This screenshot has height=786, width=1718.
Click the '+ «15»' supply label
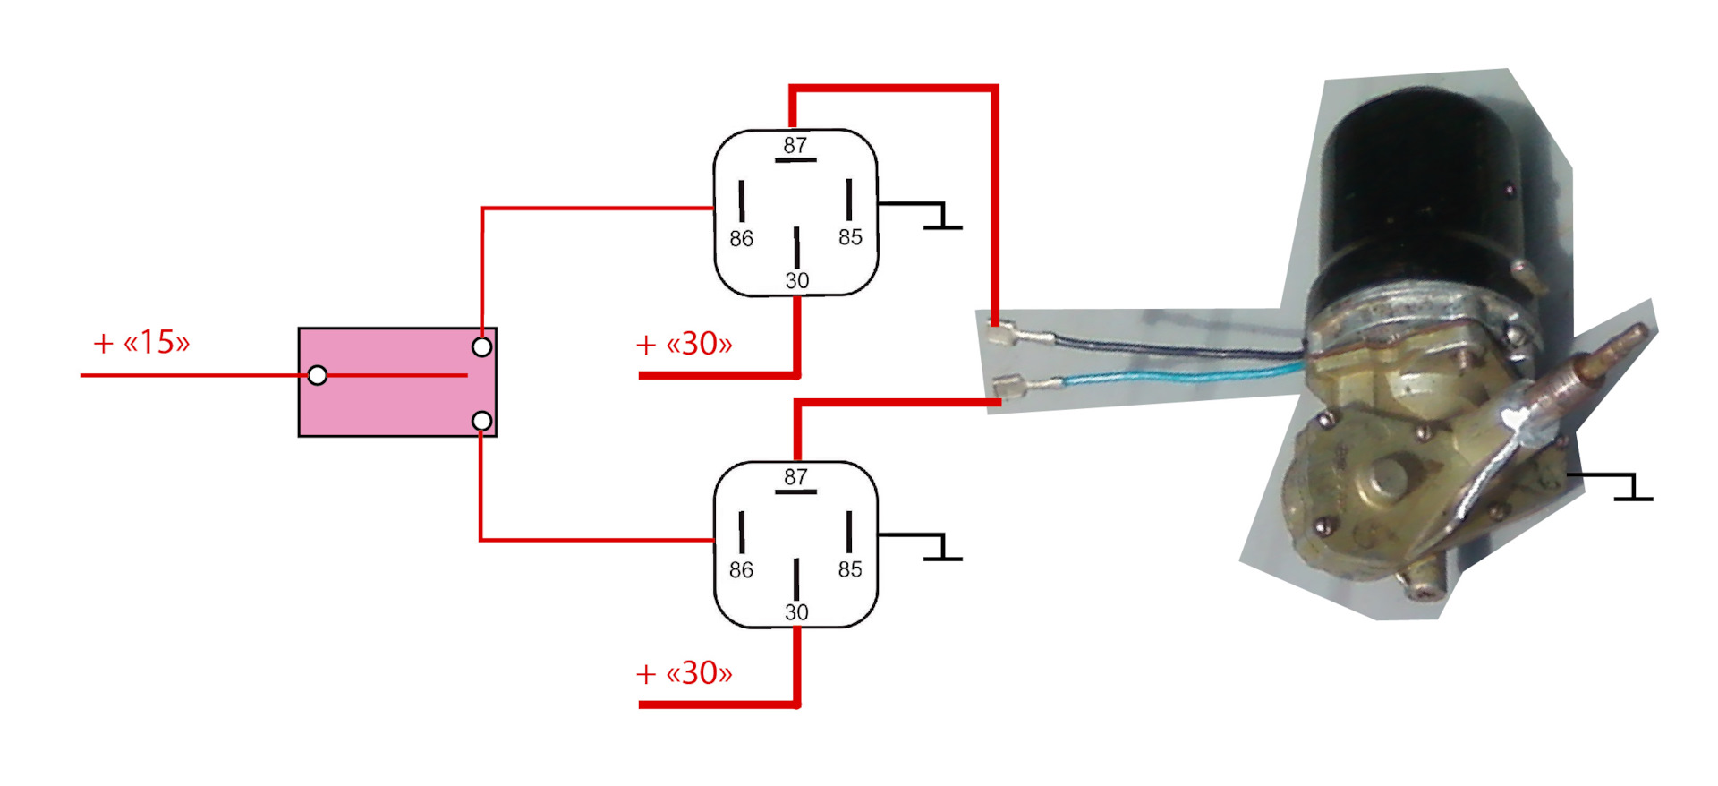tap(141, 342)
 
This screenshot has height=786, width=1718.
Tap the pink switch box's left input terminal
tap(317, 375)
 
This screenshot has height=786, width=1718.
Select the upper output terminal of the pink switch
tap(481, 346)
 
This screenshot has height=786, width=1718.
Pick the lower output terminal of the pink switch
tap(481, 420)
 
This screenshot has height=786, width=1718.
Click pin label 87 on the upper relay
tap(795, 145)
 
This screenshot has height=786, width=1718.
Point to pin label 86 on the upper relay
tap(741, 238)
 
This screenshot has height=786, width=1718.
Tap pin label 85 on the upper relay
tap(850, 237)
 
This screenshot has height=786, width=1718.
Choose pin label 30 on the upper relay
tap(796, 280)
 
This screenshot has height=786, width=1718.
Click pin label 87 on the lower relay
tap(795, 477)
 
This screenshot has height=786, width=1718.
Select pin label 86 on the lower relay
tap(741, 570)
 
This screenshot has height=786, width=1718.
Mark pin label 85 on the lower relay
tap(850, 569)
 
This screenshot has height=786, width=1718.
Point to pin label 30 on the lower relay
tap(796, 612)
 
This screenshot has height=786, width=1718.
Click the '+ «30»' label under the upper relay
tap(684, 344)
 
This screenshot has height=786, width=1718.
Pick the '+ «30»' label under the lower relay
tap(684, 673)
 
